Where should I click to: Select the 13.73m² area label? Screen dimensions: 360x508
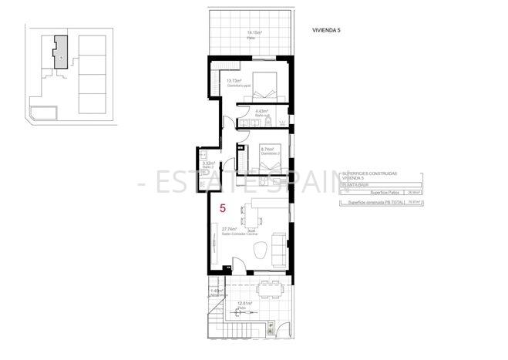(234, 80)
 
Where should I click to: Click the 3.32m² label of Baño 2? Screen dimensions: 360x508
(207, 163)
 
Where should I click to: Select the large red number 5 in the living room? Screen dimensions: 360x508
(223, 208)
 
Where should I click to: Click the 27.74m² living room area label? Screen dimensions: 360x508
(232, 229)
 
